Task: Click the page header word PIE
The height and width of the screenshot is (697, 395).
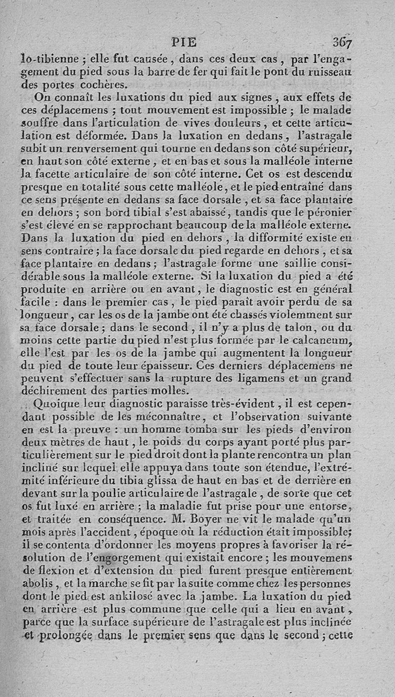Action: (x=183, y=43)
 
